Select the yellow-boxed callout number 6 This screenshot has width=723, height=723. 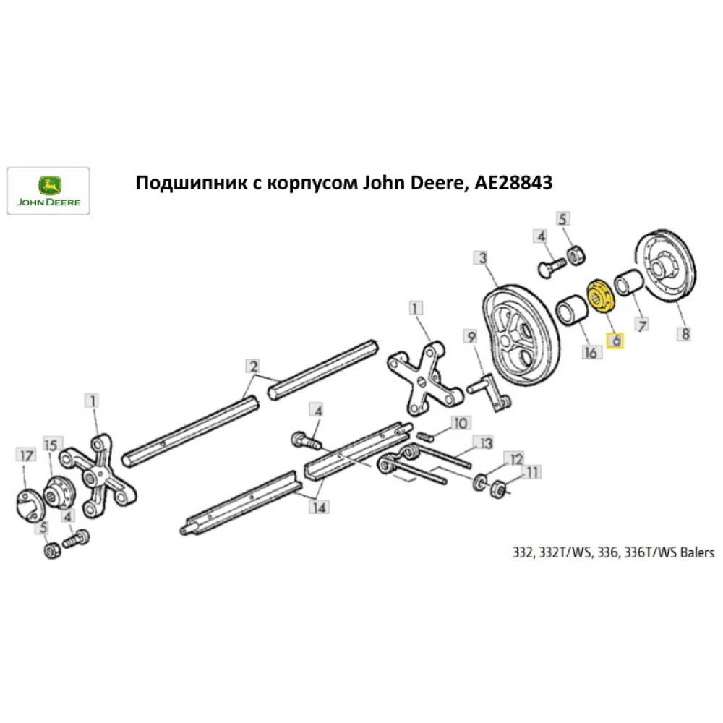click(615, 340)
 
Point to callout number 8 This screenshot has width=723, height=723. click(685, 334)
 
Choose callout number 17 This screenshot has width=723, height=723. click(26, 455)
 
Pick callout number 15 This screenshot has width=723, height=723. click(51, 445)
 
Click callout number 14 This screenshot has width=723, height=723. click(318, 507)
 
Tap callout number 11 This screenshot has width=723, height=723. click(533, 473)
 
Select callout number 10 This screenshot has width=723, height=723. click(460, 422)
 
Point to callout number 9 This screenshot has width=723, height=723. click(470, 336)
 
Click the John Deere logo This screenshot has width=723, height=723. click(48, 191)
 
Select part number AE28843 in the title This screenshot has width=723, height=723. click(513, 184)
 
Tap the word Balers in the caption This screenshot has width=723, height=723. click(696, 553)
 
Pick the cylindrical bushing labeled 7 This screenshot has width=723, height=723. click(625, 282)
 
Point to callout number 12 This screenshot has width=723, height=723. click(514, 459)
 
